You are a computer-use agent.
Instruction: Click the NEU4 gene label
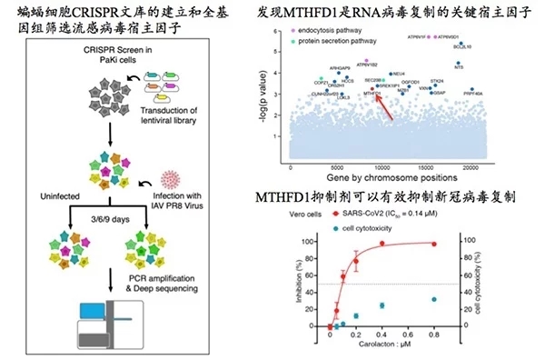click(400, 73)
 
